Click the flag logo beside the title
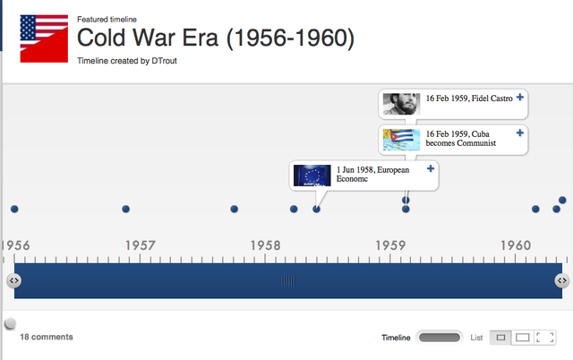[43, 39]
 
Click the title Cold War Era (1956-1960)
[216, 39]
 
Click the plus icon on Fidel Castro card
[520, 97]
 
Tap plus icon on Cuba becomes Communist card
[520, 133]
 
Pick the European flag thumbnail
[312, 175]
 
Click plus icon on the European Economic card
[431, 168]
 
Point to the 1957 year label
[140, 244]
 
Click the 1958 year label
[266, 244]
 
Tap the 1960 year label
[516, 244]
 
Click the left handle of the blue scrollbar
[13, 280]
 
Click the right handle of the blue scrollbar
[561, 280]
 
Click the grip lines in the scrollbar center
[287, 280]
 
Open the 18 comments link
[47, 337]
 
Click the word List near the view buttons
[476, 338]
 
